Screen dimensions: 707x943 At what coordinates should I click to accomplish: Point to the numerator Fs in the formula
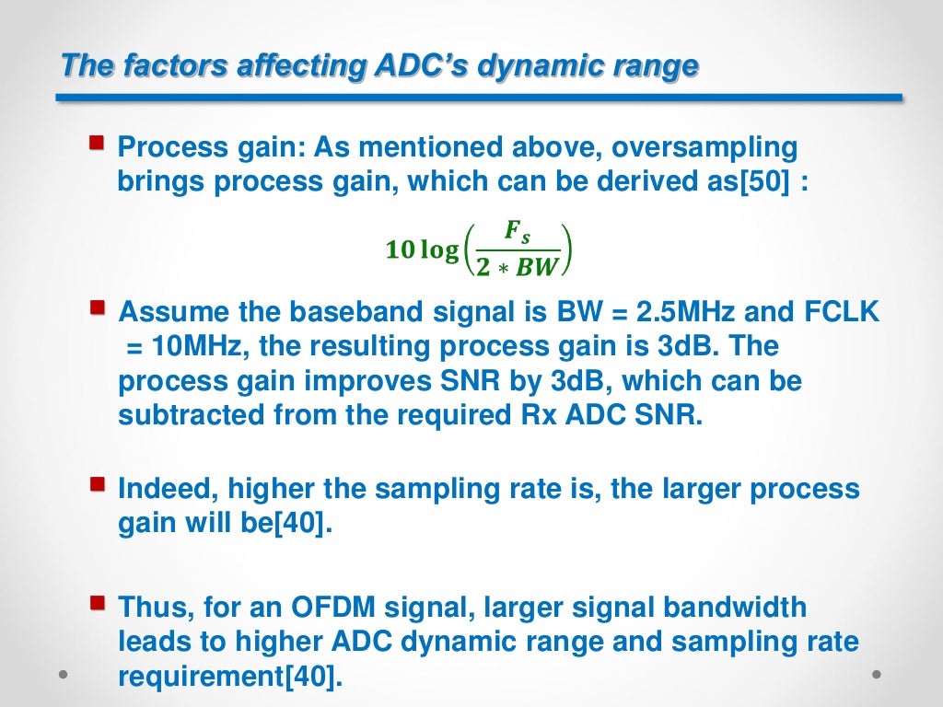click(x=518, y=235)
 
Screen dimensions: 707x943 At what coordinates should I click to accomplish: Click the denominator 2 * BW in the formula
click(x=518, y=266)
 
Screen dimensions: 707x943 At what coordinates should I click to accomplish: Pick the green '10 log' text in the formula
click(x=422, y=249)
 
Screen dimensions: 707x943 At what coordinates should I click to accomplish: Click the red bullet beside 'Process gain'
click(x=97, y=144)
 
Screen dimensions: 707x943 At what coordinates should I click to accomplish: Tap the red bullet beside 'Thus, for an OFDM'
click(x=97, y=604)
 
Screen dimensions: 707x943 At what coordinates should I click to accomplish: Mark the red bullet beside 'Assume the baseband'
click(x=97, y=307)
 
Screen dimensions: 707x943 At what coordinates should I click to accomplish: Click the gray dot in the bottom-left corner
click(x=63, y=674)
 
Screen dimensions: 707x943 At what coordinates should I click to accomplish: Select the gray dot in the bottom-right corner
click(x=879, y=674)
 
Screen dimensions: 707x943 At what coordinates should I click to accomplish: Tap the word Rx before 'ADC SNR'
click(x=530, y=414)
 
